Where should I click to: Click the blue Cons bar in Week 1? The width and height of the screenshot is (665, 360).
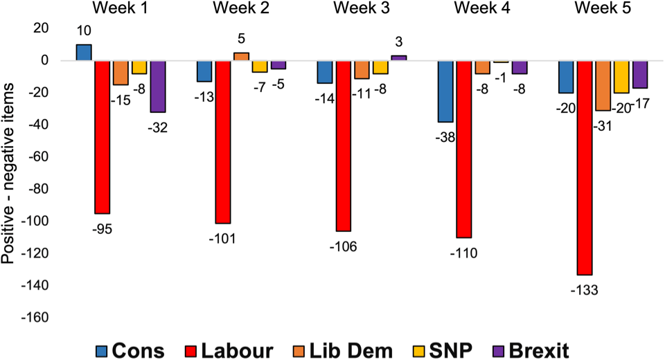(84, 53)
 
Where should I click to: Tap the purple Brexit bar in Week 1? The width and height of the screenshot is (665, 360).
(158, 86)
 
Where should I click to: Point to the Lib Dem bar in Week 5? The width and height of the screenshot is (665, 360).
(603, 86)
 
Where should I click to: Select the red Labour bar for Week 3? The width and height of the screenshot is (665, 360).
(343, 145)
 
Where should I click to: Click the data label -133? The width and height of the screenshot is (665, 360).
(584, 289)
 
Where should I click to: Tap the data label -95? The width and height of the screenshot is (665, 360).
(102, 228)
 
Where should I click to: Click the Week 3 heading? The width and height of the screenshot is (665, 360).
(361, 8)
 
